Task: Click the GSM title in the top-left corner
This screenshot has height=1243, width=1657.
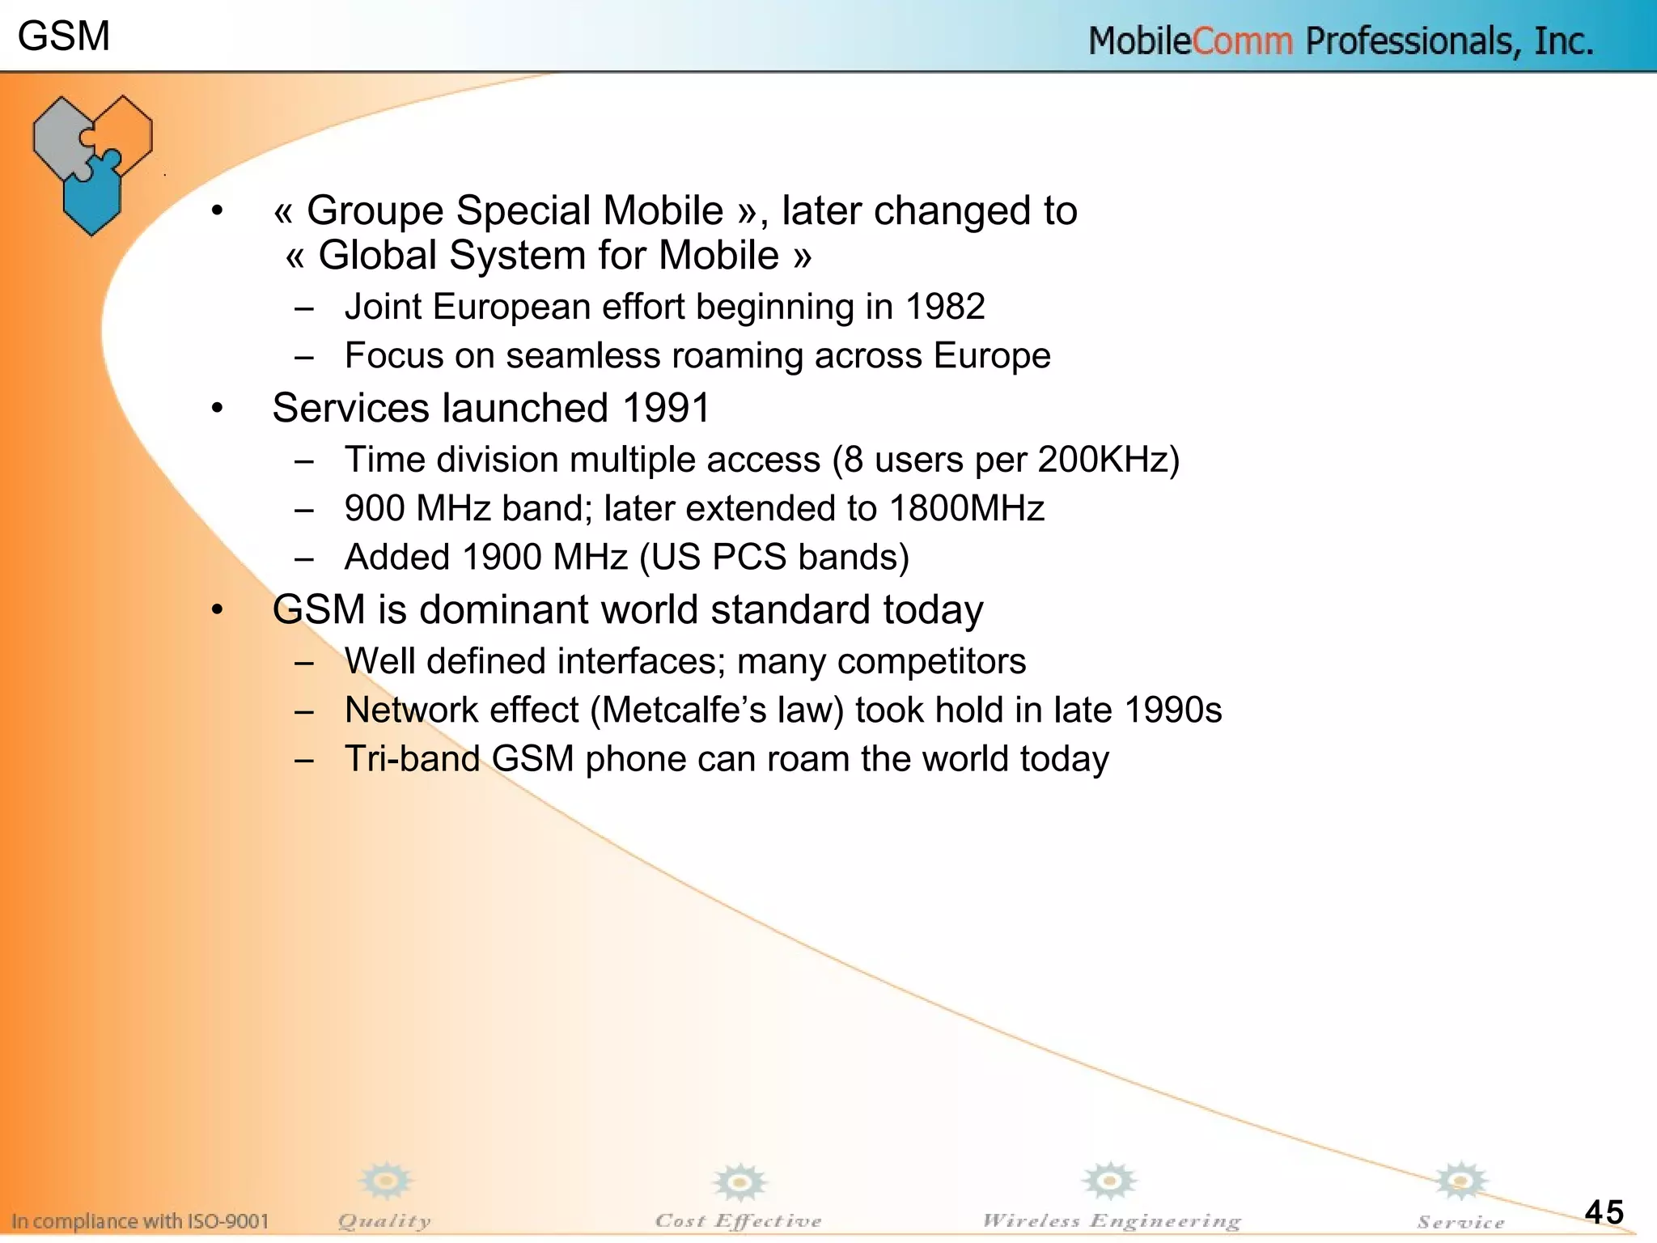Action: tap(63, 36)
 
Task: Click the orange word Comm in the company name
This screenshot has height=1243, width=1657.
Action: tap(1242, 41)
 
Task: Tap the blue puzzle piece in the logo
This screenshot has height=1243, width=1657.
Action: tap(93, 194)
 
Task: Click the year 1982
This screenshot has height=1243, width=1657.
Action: tap(944, 308)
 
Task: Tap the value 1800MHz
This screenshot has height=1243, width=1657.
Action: tap(967, 508)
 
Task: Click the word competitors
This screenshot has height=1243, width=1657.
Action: tap(931, 662)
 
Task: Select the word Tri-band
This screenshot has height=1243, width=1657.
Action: tap(413, 759)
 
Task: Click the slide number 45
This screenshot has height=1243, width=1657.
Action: tap(1604, 1211)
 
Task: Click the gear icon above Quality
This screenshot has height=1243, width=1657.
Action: tap(386, 1181)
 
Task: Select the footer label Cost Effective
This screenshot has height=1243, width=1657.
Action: tap(738, 1221)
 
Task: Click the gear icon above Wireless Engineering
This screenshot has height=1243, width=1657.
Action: tap(1110, 1181)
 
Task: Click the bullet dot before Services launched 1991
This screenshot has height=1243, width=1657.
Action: tap(217, 408)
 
